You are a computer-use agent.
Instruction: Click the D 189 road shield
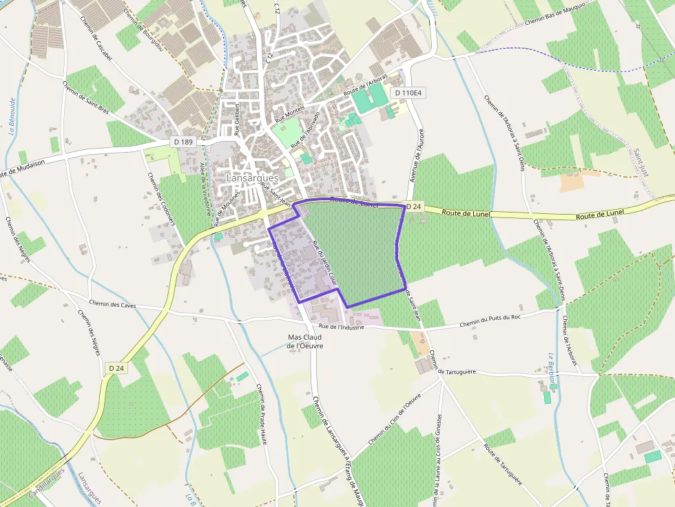pos(184,142)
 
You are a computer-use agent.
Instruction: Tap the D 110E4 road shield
pos(407,92)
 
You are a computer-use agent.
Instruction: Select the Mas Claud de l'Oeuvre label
pos(305,341)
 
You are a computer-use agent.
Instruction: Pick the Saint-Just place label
pos(641,162)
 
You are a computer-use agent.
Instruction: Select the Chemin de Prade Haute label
pos(261,413)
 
